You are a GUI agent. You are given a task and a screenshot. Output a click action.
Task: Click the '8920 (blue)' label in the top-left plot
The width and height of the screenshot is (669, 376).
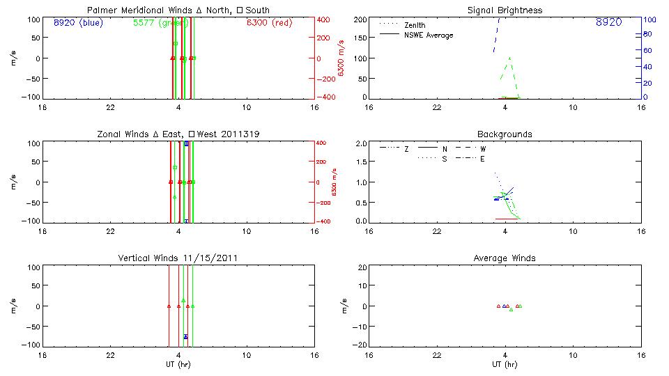[x=77, y=23]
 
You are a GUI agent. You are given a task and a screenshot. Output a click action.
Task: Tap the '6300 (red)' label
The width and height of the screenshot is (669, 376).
[x=269, y=23]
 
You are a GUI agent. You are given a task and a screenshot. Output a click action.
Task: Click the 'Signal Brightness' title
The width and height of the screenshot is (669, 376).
[x=505, y=10]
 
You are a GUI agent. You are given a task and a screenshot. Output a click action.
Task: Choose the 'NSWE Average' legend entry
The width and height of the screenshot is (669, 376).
[x=429, y=35]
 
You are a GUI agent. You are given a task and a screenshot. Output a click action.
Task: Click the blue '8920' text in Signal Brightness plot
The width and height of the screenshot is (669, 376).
[x=608, y=23]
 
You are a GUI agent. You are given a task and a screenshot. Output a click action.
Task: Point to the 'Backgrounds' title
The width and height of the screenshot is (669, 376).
[x=505, y=134]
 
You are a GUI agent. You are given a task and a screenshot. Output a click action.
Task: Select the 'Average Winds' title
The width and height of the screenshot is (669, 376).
[x=505, y=258]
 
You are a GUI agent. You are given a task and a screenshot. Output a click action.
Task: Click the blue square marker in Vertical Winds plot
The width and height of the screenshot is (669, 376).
[x=186, y=336]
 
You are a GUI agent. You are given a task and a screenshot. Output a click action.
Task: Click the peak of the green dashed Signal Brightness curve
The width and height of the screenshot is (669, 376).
[x=510, y=58]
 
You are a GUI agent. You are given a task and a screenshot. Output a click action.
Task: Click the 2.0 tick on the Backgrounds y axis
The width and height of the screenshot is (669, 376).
[x=362, y=143]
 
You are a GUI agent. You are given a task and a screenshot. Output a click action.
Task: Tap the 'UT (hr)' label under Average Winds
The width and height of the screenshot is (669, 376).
[x=505, y=364]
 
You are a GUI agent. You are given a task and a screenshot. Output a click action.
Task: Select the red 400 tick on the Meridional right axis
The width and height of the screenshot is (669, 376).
[x=324, y=19]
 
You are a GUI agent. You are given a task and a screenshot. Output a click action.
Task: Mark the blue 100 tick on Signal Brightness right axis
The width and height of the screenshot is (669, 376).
[x=647, y=19]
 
